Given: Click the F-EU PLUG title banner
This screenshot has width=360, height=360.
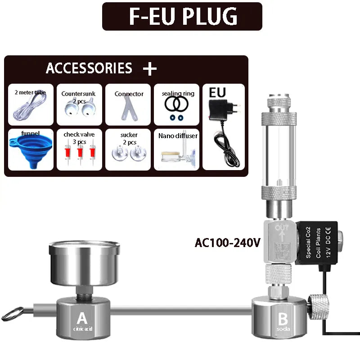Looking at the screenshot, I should coord(182,16).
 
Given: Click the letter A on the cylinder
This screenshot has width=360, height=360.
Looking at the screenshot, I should coord(81,319).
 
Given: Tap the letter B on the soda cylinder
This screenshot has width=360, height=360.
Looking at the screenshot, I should coord(283,319).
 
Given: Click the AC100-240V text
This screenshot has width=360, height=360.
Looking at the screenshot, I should coord(227,243).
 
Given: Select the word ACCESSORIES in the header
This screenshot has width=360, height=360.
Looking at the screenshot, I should coord(89,68).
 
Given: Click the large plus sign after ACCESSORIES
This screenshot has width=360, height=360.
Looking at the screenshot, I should coord(150,68).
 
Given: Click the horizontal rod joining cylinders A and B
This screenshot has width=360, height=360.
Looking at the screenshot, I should coord(180,310).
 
